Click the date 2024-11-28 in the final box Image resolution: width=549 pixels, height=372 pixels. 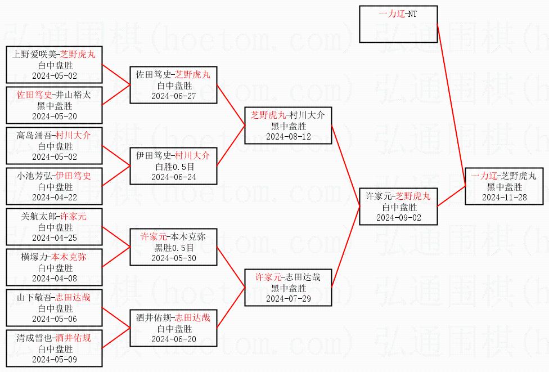tap(504, 198)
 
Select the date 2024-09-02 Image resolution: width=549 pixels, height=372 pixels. tap(398, 218)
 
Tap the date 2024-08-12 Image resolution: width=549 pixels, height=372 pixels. tap(288, 137)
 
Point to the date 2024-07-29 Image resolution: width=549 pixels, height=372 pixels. tap(288, 299)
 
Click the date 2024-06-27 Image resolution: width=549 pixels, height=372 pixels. tap(173, 96)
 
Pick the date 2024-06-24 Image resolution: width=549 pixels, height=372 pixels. tap(173, 177)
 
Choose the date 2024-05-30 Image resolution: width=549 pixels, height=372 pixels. tap(173, 258)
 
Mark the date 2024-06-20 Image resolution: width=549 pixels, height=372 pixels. tap(173, 339)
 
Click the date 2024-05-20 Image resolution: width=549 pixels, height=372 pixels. tap(54, 116)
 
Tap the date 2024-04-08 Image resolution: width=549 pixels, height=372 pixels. tap(54, 279)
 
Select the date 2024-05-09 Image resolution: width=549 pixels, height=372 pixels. tap(54, 360)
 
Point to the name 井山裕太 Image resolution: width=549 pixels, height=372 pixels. tap(73, 95)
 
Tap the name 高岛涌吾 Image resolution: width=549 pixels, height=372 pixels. tap(34, 135)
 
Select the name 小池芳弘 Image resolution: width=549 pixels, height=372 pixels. tap(34, 176)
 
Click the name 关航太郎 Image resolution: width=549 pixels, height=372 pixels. tap(38, 217)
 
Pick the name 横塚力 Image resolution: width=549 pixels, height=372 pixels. tap(34, 257)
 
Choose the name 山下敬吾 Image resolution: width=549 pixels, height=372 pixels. tap(34, 298)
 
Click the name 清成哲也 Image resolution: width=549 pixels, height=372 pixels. tap(34, 338)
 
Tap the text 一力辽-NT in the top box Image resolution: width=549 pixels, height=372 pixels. tap(398, 14)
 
